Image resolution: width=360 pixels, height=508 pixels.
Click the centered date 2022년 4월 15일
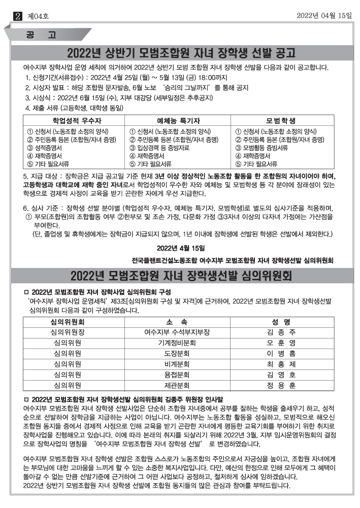[180, 248]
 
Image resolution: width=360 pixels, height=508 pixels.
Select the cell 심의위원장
[68, 332]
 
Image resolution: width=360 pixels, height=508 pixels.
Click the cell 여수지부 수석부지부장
[177, 332]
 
